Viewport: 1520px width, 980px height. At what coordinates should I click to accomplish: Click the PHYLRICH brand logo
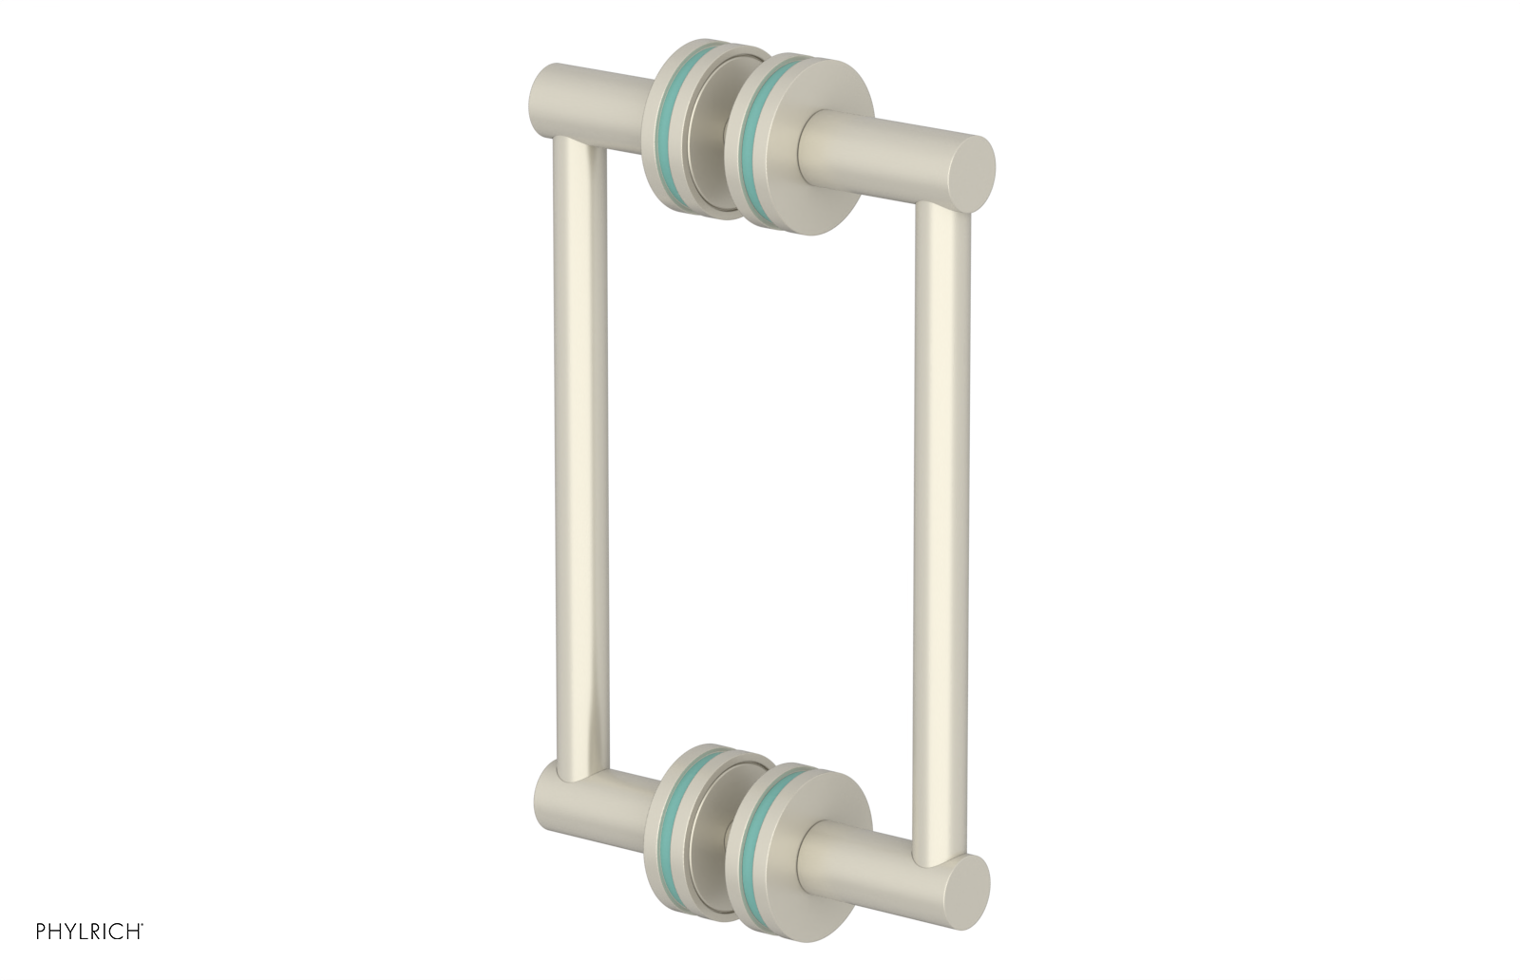tap(89, 932)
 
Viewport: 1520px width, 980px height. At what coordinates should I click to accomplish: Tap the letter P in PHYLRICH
tap(41, 932)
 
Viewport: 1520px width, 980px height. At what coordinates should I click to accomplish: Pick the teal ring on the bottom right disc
tap(758, 850)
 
